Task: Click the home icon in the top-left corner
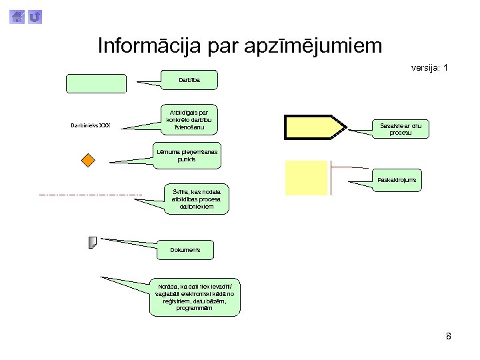(x=19, y=15)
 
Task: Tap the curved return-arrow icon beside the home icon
(x=35, y=15)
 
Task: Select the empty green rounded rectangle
(x=96, y=83)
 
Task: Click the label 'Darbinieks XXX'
(x=90, y=125)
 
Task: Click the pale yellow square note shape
(x=307, y=177)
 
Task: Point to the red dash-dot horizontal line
(x=91, y=195)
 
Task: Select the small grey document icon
(x=93, y=242)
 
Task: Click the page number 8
(x=449, y=336)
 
